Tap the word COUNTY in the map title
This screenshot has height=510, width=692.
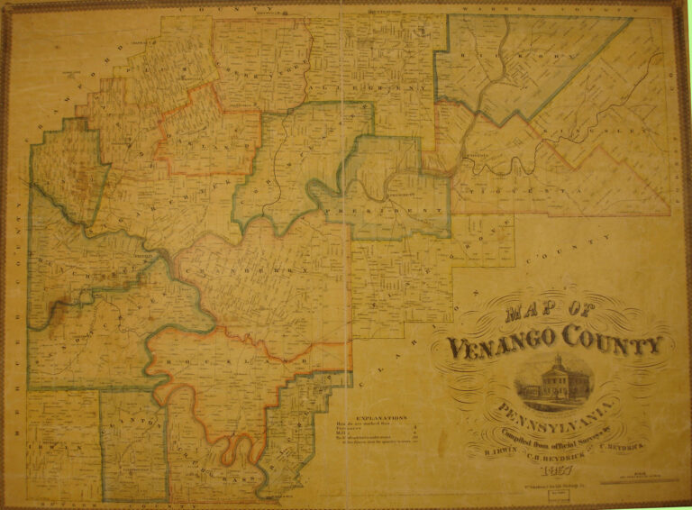[614, 344]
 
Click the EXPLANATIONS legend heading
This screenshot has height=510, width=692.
[381, 418]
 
